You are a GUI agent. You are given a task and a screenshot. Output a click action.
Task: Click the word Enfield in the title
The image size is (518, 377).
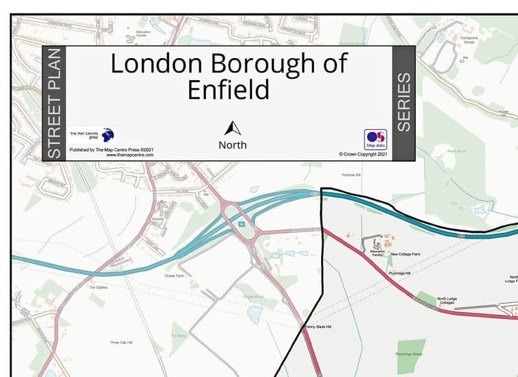point(228,89)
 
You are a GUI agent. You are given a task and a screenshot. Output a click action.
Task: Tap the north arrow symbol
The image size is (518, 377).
point(232,128)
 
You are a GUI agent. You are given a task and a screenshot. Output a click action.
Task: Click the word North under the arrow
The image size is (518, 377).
point(232,145)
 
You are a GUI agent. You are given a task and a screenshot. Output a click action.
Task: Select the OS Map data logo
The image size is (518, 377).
point(375,139)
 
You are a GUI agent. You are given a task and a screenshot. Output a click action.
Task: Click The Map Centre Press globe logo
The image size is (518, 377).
point(107,135)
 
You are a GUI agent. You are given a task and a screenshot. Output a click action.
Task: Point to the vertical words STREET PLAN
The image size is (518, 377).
point(54,103)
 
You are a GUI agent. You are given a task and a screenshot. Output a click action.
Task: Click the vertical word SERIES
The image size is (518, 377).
point(403,102)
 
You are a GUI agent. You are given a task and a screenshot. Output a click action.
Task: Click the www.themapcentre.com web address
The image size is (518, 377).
point(129,155)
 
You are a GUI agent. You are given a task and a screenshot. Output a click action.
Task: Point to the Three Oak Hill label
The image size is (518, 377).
point(121,342)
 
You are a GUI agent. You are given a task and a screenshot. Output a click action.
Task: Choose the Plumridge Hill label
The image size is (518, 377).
point(400,273)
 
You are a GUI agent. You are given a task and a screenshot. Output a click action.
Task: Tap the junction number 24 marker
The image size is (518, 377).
point(241,224)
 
